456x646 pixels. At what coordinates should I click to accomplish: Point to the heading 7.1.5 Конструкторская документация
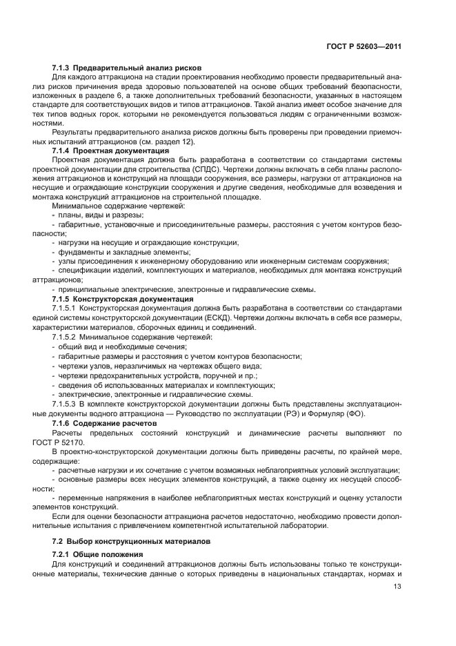click(123, 299)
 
